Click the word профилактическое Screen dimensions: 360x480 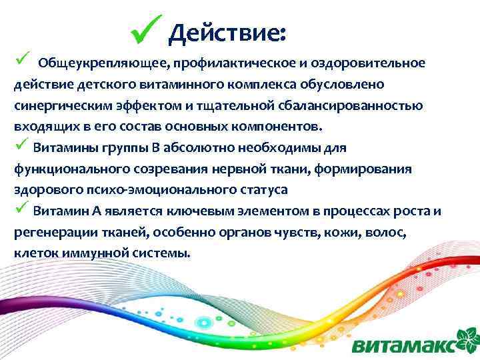(226, 63)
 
